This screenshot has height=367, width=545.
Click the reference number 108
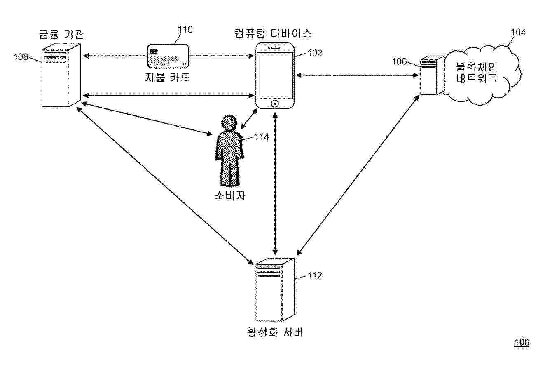(21, 57)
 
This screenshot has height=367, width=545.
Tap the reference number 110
(185, 29)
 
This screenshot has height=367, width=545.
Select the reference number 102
(315, 53)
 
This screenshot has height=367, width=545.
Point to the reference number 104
(518, 33)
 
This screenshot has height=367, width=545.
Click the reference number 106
(398, 62)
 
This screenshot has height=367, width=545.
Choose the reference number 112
(315, 275)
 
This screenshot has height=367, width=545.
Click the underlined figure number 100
(522, 342)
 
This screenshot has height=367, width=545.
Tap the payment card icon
(168, 56)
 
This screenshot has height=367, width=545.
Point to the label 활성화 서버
(275, 332)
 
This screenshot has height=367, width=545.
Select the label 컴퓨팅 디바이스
(273, 33)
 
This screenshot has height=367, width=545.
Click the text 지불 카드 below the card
(168, 77)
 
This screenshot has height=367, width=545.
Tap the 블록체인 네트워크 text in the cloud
(477, 73)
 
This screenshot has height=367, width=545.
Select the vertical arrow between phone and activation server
(275, 183)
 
